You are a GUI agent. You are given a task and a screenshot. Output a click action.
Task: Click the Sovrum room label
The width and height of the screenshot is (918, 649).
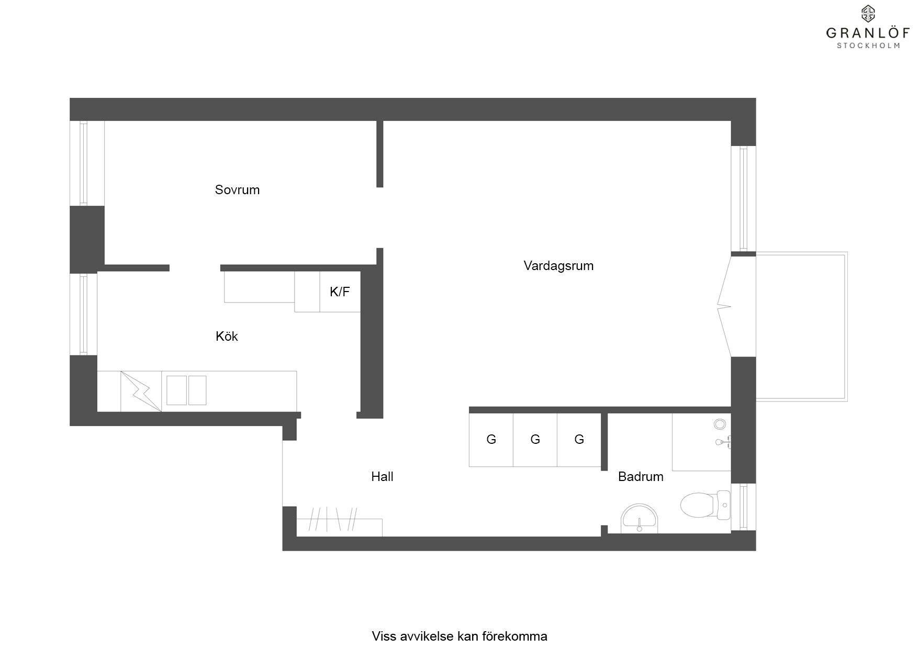pos(237,189)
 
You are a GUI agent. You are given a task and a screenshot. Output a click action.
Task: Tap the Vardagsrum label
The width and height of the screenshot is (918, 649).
pos(558,266)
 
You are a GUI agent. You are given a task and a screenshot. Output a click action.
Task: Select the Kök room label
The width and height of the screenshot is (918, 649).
pos(227,336)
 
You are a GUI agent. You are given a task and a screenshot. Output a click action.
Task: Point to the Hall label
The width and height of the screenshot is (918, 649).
pos(382,476)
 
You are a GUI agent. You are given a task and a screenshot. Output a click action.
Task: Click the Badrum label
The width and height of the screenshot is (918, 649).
pos(641,476)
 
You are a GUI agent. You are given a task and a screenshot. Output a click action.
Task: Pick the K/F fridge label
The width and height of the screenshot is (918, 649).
pos(340,292)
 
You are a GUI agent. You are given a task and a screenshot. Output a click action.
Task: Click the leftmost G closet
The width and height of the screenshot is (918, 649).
pos(491,440)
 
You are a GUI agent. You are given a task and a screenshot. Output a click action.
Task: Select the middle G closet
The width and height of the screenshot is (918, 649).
pos(535,440)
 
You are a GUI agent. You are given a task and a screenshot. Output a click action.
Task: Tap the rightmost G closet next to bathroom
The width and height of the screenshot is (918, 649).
pos(579,440)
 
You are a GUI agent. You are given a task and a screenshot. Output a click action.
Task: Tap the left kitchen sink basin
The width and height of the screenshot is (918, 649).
pos(176,390)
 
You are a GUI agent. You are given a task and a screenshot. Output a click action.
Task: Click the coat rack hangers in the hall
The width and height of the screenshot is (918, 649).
pos(333,519)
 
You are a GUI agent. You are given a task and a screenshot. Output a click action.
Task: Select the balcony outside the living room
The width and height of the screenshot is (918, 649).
pos(801,327)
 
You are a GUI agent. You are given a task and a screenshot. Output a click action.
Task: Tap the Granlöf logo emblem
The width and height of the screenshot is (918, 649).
pos(868,14)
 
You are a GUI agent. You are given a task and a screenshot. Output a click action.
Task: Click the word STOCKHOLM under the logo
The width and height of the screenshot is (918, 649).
pos(868,46)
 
